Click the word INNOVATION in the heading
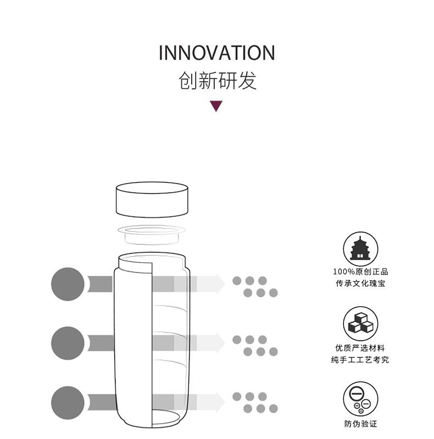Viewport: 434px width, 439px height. point(216,53)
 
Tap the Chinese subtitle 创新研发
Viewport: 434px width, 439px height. point(218,81)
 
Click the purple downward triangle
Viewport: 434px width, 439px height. point(216,106)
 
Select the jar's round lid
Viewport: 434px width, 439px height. point(152,200)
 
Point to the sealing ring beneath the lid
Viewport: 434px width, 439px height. point(152,234)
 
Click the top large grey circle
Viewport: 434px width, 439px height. point(68,284)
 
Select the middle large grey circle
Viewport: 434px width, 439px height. point(68,343)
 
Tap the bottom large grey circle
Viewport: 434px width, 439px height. point(68,403)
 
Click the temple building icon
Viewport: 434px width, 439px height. point(360,249)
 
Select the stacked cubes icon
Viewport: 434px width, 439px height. point(360,324)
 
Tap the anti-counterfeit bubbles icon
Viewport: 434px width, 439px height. point(360,399)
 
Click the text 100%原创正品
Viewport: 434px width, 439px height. point(360,272)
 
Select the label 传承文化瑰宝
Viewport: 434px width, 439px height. point(360,283)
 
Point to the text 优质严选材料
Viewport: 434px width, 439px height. point(360,348)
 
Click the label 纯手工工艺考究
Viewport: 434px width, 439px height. point(360,359)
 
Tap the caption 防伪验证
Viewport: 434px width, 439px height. point(360,424)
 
